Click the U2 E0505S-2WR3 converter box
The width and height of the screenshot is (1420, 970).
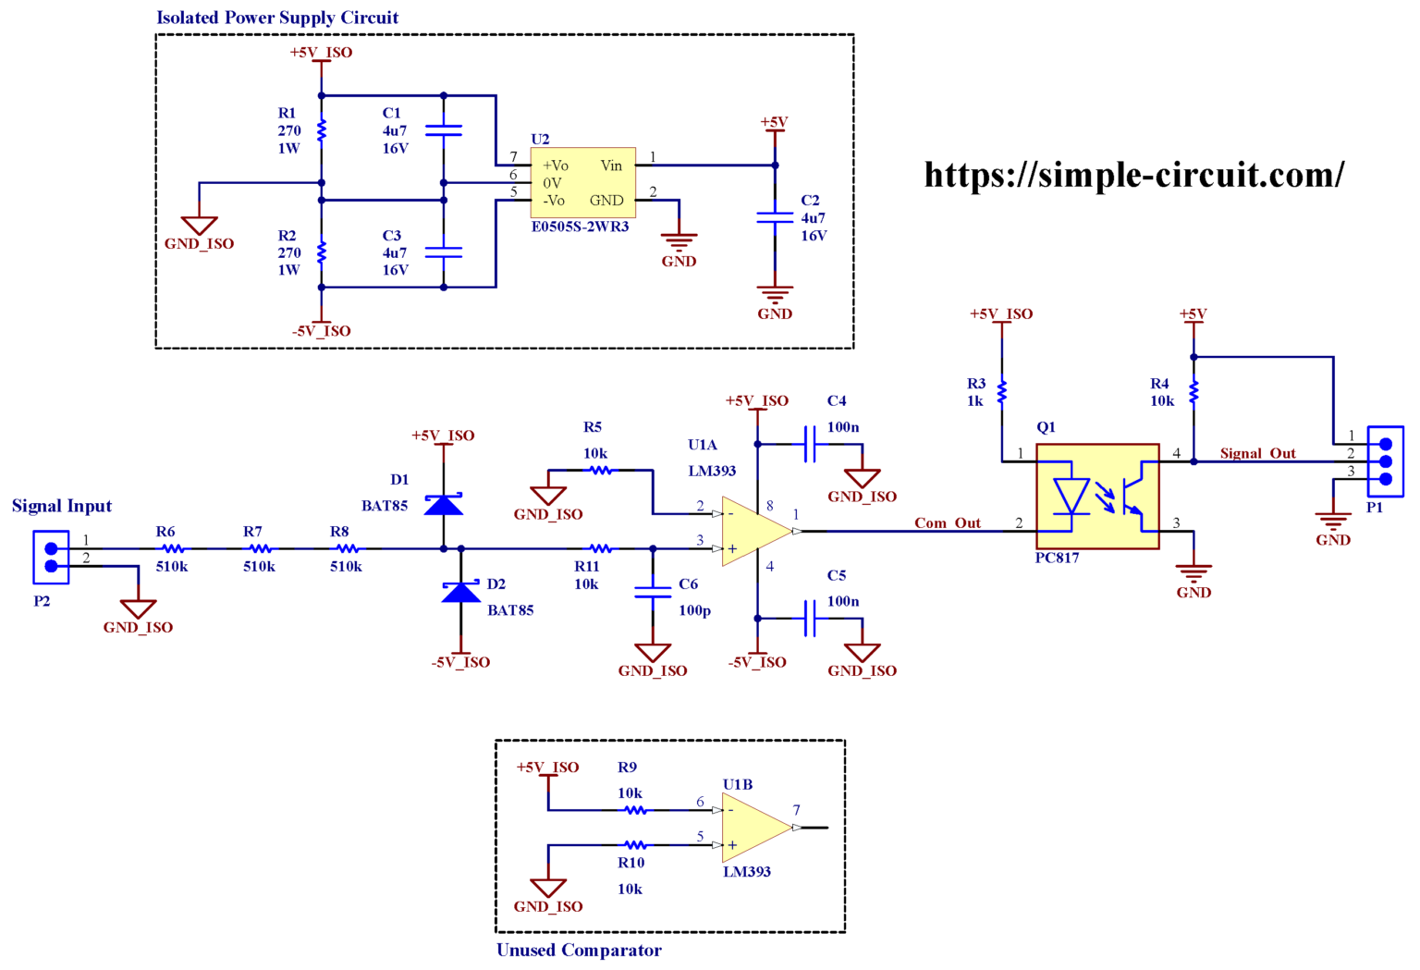coord(582,182)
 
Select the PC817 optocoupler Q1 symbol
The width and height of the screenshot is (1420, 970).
coord(1097,497)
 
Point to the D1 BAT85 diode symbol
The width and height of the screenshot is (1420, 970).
coord(444,505)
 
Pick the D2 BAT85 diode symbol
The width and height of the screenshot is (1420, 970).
coord(460,592)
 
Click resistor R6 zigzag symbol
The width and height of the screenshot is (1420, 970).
coord(172,548)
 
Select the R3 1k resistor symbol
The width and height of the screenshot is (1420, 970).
coord(1001,393)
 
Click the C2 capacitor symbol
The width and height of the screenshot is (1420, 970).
coord(775,217)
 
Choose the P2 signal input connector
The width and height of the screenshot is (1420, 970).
coord(51,557)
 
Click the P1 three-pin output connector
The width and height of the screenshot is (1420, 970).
coord(1385,461)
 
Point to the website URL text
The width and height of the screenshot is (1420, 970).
coord(1133,175)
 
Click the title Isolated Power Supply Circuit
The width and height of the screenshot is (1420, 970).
coord(277,18)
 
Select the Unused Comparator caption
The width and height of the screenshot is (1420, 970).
coord(579,950)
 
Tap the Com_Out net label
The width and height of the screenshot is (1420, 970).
coord(947,522)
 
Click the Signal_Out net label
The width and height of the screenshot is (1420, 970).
coord(1257,453)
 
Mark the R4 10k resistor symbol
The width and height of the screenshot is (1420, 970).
coord(1194,393)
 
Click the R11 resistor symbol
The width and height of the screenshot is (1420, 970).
coord(600,548)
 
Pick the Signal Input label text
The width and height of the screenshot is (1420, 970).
coord(62,506)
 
